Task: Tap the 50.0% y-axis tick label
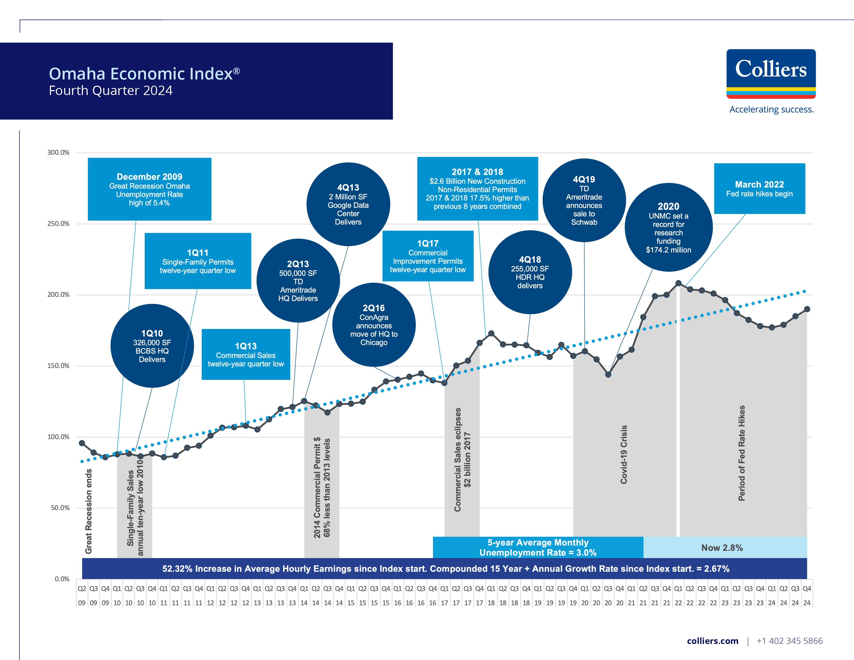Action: coord(60,508)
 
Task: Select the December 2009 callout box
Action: coord(149,189)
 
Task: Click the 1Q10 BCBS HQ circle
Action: coord(152,346)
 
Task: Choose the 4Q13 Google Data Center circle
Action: coord(348,204)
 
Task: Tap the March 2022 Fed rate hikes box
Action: coord(759,188)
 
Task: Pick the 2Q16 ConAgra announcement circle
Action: coord(374,325)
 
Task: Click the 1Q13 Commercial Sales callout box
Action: coord(246,354)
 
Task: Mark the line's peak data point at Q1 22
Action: coord(679,283)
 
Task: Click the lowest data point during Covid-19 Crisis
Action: coord(608,375)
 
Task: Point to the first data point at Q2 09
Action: coord(82,443)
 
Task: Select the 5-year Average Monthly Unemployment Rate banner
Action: coord(538,547)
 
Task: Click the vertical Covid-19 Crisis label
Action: coord(624,454)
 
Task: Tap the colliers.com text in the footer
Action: coord(712,641)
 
